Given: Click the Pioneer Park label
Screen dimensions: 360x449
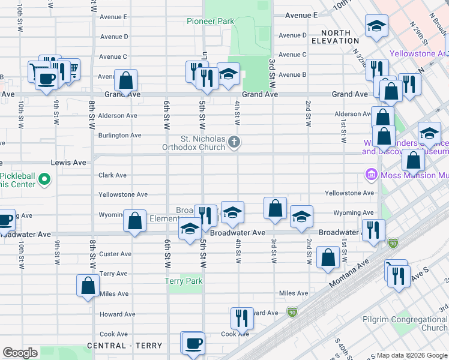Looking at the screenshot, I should (210, 21).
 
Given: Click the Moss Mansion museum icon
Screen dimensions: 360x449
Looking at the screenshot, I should (371, 175).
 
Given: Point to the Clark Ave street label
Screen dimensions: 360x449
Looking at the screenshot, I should (113, 175).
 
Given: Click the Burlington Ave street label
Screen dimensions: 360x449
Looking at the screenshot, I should (120, 135).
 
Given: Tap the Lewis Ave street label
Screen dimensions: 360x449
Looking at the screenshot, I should (69, 163).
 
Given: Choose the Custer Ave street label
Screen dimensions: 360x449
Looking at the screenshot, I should (115, 254).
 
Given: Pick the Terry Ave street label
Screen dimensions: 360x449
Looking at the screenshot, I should (113, 274).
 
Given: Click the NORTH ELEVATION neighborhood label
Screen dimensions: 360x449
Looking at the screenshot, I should (331, 37).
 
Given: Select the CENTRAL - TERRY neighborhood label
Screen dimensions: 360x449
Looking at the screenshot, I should (124, 346).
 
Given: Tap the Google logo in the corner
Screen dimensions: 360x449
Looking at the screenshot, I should (20, 353).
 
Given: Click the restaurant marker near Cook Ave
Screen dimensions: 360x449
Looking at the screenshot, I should (242, 318).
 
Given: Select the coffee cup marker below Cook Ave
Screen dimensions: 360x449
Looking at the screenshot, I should (193, 343).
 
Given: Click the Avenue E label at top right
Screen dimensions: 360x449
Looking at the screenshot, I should (301, 15).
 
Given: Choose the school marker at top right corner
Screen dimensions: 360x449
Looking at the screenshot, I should (376, 25).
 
